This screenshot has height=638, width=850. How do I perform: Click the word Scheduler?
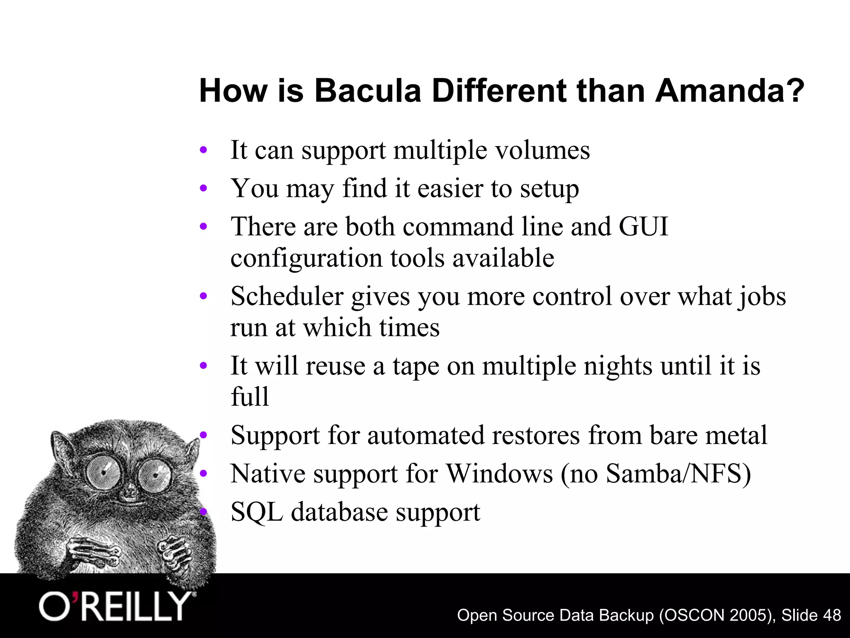tap(287, 296)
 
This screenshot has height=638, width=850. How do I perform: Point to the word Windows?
tap(499, 473)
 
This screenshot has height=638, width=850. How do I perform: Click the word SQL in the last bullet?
tap(256, 512)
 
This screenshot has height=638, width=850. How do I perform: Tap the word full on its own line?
tap(249, 397)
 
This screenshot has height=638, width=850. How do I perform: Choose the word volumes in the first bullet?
tap(543, 150)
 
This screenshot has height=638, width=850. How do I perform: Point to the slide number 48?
tap(830, 615)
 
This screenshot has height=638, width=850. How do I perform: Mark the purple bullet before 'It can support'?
tap(203, 150)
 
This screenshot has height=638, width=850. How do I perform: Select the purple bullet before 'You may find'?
tap(203, 189)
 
